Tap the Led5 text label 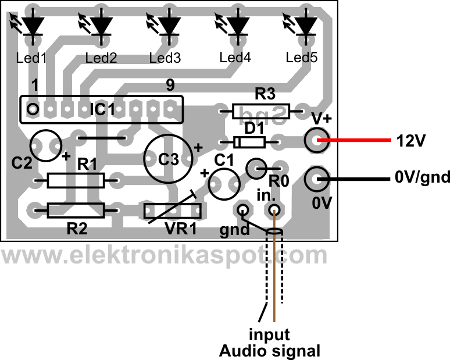click(x=303, y=58)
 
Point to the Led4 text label click(x=235, y=58)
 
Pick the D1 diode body click(x=249, y=141)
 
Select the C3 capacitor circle click(x=169, y=159)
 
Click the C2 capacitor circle click(x=46, y=144)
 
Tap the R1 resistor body click(x=76, y=181)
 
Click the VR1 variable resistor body click(x=173, y=211)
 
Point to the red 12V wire click(x=355, y=140)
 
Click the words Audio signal click(x=269, y=351)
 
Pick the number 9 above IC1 click(x=170, y=85)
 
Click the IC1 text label click(x=102, y=109)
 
